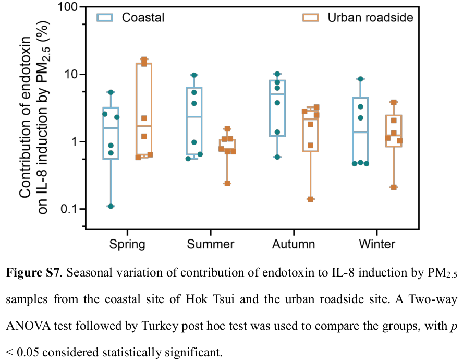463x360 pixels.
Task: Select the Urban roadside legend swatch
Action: [311, 17]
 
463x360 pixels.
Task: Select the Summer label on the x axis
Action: [211, 244]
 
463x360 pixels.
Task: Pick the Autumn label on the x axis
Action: [294, 244]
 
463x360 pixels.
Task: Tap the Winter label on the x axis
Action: [377, 244]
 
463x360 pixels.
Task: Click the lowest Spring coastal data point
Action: [111, 207]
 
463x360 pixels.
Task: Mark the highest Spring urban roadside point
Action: [144, 60]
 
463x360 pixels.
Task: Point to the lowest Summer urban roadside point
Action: [227, 183]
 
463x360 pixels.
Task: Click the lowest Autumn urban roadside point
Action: [310, 199]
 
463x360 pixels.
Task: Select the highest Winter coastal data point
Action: [360, 79]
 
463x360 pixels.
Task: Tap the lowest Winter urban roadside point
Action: [394, 187]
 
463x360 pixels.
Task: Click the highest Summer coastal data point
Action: [194, 75]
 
